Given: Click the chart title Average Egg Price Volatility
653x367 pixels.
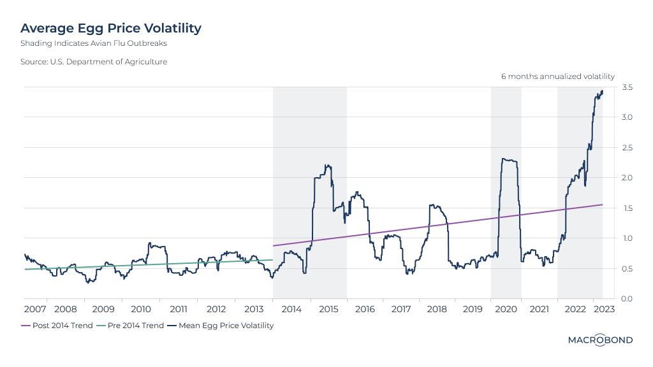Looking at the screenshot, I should coord(111,28).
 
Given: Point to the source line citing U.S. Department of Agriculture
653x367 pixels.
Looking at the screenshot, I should coord(94,62).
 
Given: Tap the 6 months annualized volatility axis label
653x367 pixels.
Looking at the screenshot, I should coord(557,76).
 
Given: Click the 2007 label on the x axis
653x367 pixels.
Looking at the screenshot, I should coord(35,310).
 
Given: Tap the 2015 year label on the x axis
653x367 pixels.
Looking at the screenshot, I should coord(328,310).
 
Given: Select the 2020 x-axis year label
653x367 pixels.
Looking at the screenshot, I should coord(505,310).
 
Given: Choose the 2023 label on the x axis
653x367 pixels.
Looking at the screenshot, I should coord(604,310).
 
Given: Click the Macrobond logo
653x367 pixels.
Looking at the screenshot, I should coord(600,340).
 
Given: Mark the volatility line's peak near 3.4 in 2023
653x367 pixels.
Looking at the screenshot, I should coord(602,91).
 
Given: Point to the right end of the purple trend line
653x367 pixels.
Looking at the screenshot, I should coord(603,205).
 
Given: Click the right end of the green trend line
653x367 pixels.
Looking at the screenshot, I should coord(272,259).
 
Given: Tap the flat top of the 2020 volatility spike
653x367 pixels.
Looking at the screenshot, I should coord(509,160).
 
